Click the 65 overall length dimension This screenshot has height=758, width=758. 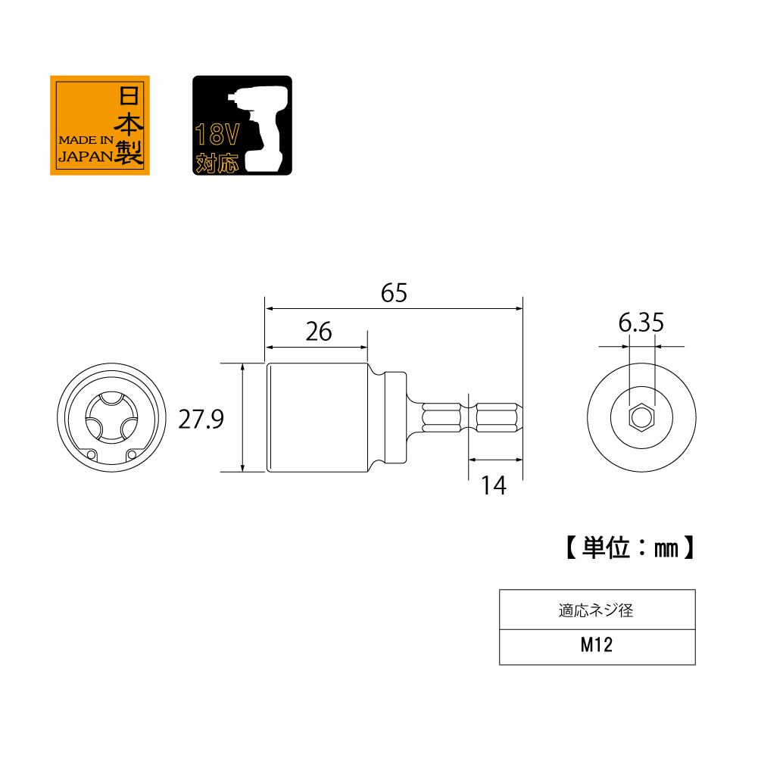(394, 293)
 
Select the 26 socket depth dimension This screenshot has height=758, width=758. (319, 332)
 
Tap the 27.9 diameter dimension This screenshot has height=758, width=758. (201, 418)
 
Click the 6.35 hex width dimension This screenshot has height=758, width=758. (641, 324)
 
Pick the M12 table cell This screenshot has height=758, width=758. (597, 646)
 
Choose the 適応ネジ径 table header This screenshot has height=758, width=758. (597, 610)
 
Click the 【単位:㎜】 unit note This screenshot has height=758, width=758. (629, 547)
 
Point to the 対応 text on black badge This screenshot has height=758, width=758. (217, 162)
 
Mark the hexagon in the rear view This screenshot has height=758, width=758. (641, 417)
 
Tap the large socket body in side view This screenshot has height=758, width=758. (318, 417)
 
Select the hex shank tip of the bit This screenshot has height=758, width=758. (496, 417)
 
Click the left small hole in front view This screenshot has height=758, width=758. (92, 454)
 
